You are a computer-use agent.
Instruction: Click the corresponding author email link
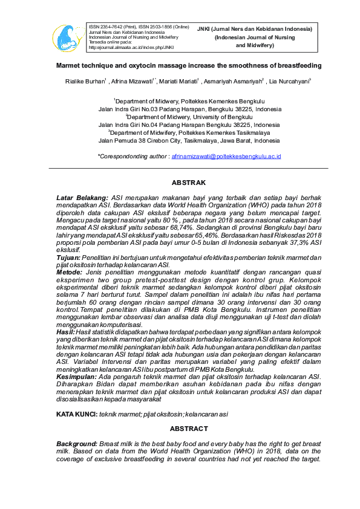point(226,156)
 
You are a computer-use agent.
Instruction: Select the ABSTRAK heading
point(188,183)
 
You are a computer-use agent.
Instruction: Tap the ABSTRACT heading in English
point(188,428)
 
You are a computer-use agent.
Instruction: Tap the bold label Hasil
point(65,332)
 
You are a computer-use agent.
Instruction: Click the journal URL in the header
point(131,47)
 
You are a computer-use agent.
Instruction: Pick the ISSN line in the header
point(139,27)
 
